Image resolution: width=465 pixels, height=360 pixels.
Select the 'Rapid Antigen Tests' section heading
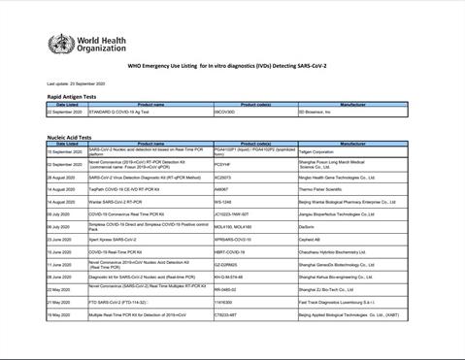pos(77,98)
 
